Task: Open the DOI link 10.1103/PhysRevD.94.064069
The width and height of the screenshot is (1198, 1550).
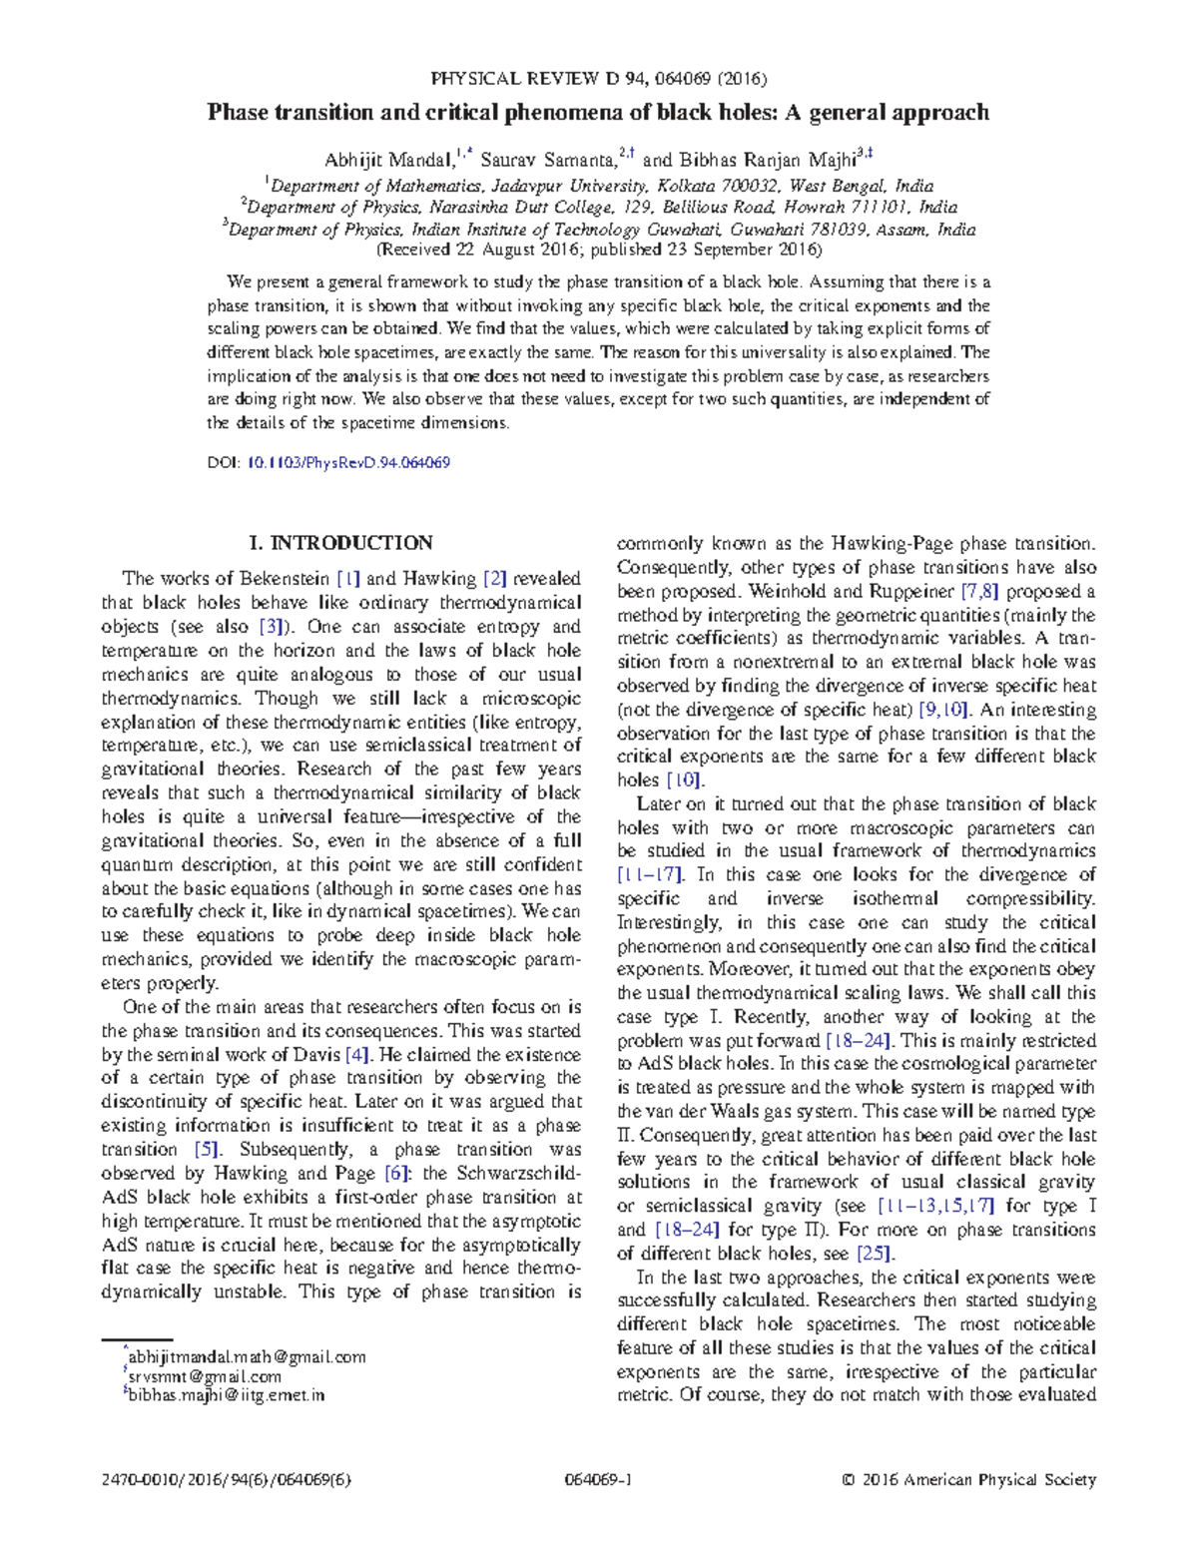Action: point(347,463)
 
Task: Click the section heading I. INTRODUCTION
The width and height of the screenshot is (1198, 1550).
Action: point(340,543)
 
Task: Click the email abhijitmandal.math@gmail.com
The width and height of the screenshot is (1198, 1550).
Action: point(248,1357)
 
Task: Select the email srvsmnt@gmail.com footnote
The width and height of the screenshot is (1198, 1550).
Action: point(206,1376)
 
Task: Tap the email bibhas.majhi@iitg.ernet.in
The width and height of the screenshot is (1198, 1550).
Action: point(227,1395)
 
